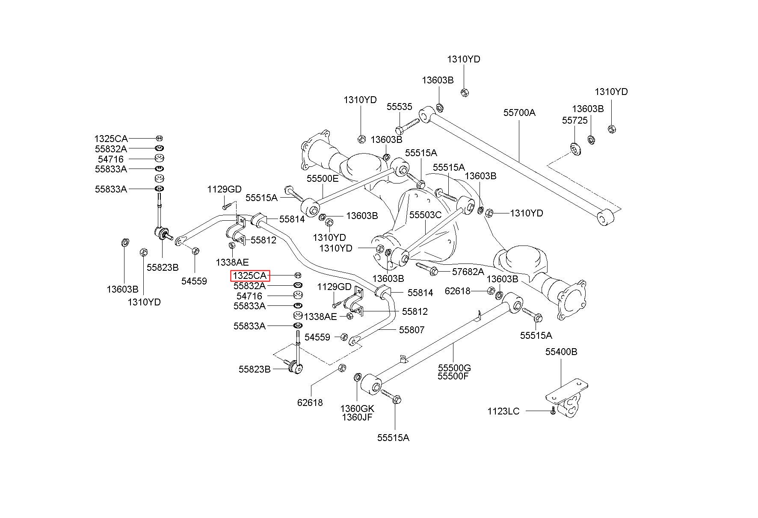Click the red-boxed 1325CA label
[x=250, y=276]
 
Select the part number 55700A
[x=519, y=112]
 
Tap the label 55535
[x=400, y=107]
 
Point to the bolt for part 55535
[x=409, y=124]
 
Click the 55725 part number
[x=575, y=121]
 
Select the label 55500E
[x=323, y=178]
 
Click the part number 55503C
[x=425, y=215]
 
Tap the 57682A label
[x=468, y=271]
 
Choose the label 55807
[x=412, y=330]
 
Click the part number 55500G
[x=454, y=368]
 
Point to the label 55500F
[x=453, y=376]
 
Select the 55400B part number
[x=561, y=352]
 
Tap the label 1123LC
[x=503, y=411]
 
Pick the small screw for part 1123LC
[x=553, y=411]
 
